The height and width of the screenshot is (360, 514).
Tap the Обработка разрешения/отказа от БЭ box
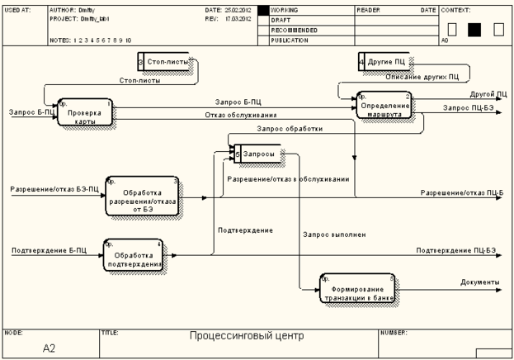tap(142, 195)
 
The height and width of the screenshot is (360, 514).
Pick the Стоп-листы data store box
tap(165, 62)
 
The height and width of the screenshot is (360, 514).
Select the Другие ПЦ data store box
tap(384, 62)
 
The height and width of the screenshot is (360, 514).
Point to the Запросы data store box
tap(257, 154)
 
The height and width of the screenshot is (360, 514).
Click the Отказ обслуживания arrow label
tap(241, 115)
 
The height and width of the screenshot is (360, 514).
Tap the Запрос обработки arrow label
tap(290, 129)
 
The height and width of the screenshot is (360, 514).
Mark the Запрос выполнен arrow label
tap(334, 234)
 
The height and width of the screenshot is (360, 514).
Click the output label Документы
tap(479, 282)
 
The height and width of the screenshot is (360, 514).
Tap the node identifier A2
tap(48, 348)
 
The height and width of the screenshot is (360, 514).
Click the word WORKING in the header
tap(285, 9)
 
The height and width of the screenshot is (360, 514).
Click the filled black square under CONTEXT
tap(474, 29)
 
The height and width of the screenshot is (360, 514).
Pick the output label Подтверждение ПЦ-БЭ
tap(455, 249)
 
